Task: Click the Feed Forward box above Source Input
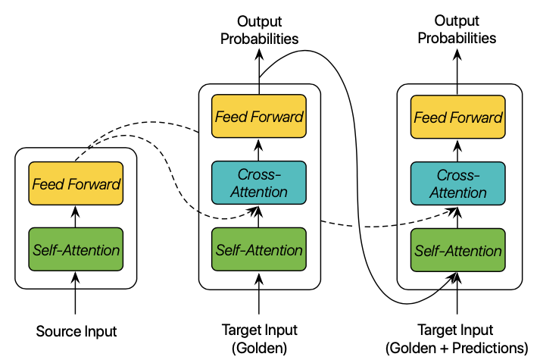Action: point(75,183)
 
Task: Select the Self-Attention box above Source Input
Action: point(75,249)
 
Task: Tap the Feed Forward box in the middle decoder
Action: point(259,117)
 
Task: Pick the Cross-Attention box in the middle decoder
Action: point(259,183)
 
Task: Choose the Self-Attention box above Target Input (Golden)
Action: point(259,249)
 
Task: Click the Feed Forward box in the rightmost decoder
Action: point(458,117)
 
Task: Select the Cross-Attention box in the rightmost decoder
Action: point(458,183)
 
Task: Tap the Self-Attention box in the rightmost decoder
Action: point(458,249)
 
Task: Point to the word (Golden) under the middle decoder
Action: point(259,348)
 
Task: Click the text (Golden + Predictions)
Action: point(457,348)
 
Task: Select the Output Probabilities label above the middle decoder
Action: point(259,30)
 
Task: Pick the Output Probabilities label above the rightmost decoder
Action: point(458,30)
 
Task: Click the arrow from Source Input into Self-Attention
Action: point(75,292)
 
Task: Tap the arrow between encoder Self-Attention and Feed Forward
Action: point(75,216)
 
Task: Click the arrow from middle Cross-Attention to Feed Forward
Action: point(259,149)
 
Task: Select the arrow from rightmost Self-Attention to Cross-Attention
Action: point(458,216)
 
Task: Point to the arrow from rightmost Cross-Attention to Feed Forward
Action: point(458,149)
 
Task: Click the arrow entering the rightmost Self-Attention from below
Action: point(458,296)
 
